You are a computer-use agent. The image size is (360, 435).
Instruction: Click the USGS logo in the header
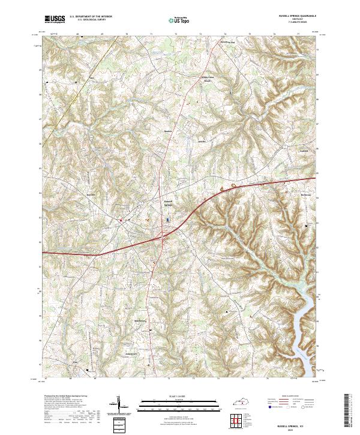coord(55,19)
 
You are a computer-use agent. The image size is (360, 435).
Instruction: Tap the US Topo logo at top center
coord(179,19)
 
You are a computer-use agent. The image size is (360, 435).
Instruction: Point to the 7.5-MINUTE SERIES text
coord(296,23)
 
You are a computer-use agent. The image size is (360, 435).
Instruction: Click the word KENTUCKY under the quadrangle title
coord(296,20)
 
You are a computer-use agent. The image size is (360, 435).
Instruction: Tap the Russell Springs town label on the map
coord(169,203)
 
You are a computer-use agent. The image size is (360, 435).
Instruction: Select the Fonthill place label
coord(304,151)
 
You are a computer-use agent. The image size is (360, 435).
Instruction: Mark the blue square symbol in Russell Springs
coord(167,220)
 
